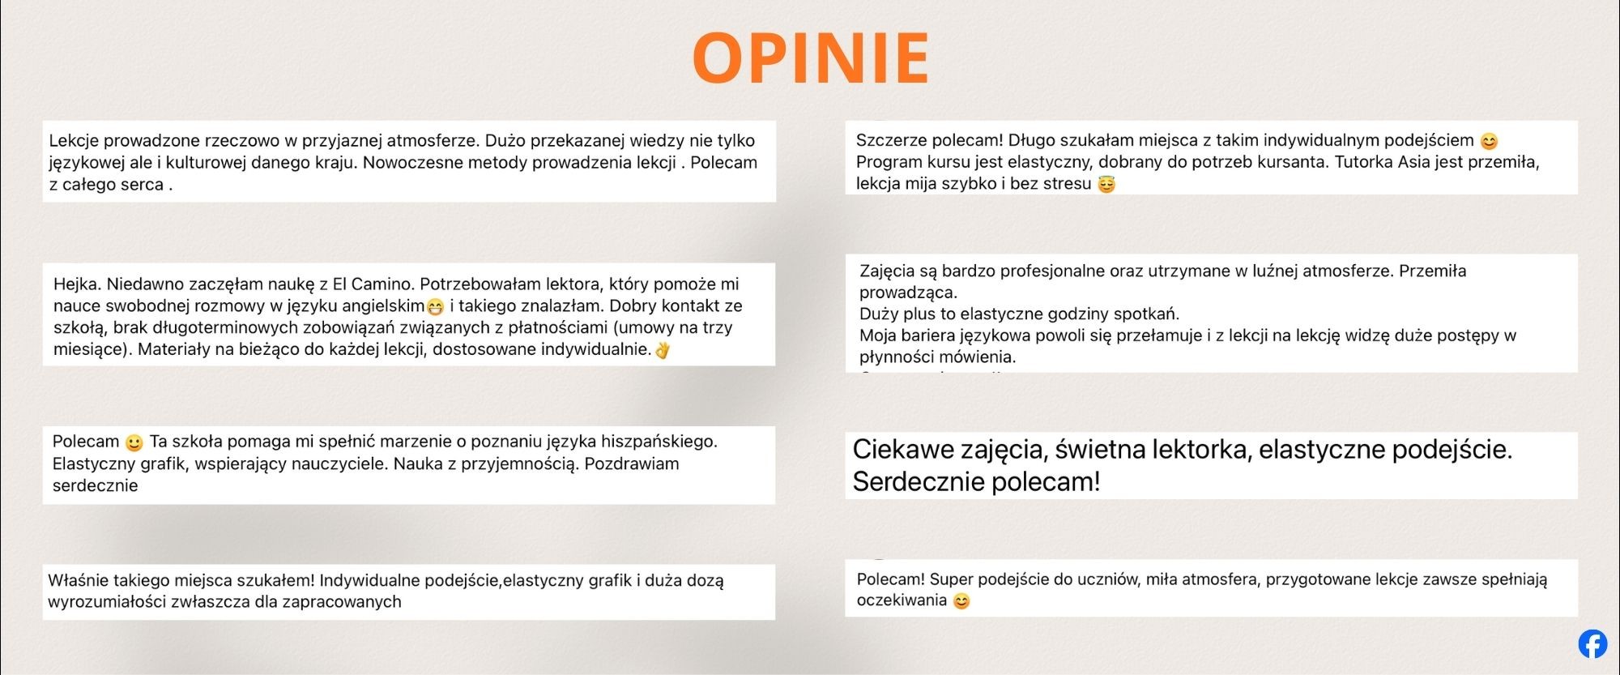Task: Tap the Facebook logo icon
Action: (1592, 643)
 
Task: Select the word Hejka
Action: (77, 284)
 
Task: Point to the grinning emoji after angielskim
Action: (435, 307)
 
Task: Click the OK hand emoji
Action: (663, 350)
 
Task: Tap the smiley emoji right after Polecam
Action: (134, 442)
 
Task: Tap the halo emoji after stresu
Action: (1106, 185)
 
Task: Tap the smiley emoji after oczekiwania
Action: (961, 601)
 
